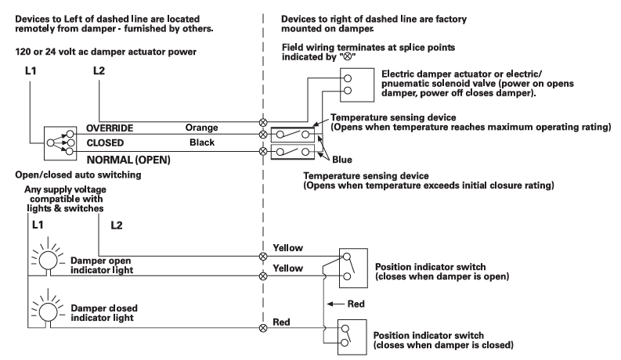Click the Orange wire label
201,128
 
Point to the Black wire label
201,143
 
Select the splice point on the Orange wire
263,122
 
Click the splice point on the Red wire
263,327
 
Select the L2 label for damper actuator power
99,71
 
